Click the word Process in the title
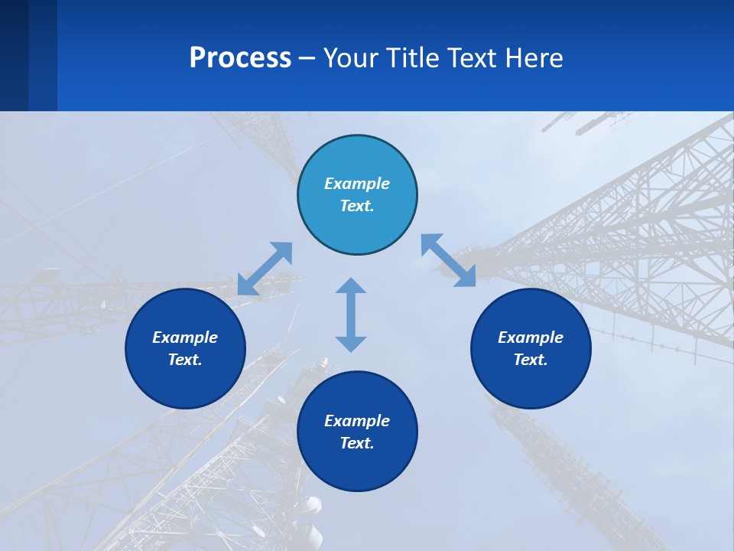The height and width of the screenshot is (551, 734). pos(240,58)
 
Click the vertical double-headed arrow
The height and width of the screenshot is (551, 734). pos(351,315)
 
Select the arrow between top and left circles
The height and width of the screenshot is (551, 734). pos(265,269)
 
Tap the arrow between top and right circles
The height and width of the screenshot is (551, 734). pos(448,260)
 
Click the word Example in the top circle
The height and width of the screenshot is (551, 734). pos(357,184)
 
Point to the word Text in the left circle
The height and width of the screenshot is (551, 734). pos(185,360)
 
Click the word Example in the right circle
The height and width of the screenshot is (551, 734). pos(531,337)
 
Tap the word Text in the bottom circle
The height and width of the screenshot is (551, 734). pos(357,443)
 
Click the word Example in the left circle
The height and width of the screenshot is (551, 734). pos(185,337)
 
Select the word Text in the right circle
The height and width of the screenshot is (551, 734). pos(531,360)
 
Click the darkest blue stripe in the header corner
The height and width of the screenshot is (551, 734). pos(14,55)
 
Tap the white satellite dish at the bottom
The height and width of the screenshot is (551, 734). pos(309,506)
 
